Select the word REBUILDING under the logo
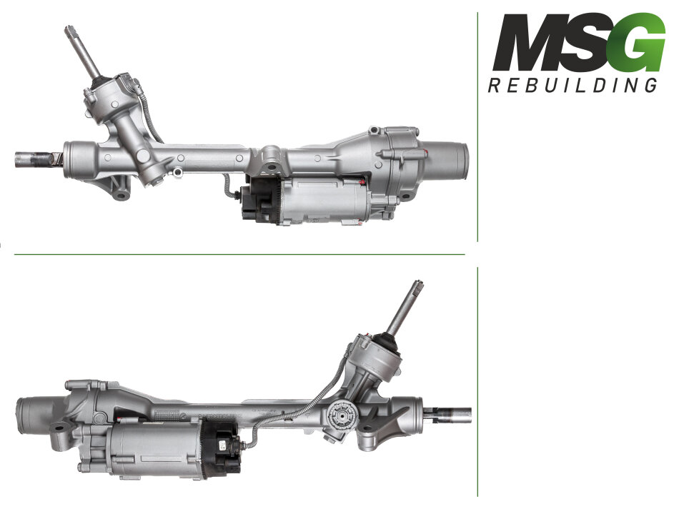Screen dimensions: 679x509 click(573, 85)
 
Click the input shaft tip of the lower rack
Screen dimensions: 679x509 click(418, 284)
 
